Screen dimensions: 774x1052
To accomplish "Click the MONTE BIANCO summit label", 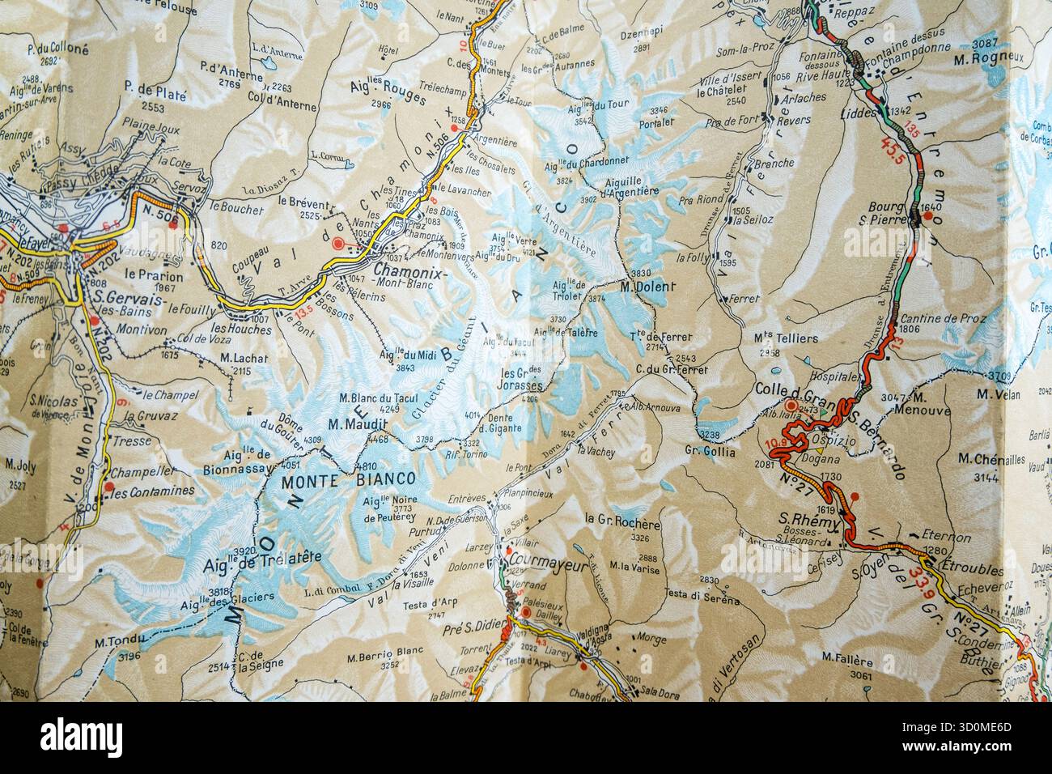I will (x=347, y=479).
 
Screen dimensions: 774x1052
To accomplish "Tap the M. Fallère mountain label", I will (x=846, y=656).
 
